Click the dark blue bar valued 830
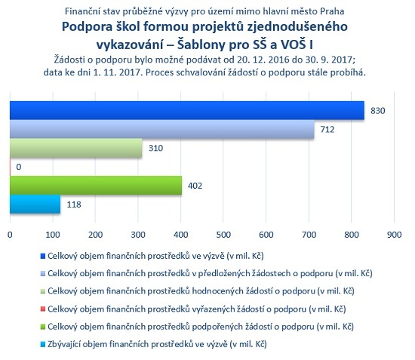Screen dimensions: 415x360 pyautogui.click(x=187, y=110)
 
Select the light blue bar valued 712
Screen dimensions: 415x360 pyautogui.click(x=162, y=129)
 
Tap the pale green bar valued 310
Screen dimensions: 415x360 pyautogui.click(x=76, y=148)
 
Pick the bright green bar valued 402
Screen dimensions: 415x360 pyautogui.click(x=96, y=186)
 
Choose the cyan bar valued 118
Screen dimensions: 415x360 pyautogui.click(x=35, y=204)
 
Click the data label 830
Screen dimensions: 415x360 pyautogui.click(x=378, y=111)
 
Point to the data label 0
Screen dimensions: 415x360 pyautogui.click(x=19, y=167)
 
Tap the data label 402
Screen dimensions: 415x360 pyautogui.click(x=195, y=186)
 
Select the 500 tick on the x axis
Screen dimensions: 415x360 pyautogui.click(x=223, y=235)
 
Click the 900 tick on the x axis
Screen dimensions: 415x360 pyautogui.click(x=394, y=235)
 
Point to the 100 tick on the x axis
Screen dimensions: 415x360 pyautogui.click(x=53, y=235)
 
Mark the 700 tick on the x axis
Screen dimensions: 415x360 pyautogui.click(x=309, y=235)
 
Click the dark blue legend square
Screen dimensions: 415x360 pyautogui.click(x=43, y=256)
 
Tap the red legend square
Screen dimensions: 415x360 pyautogui.click(x=43, y=309)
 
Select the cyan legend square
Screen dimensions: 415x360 pyautogui.click(x=43, y=344)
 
